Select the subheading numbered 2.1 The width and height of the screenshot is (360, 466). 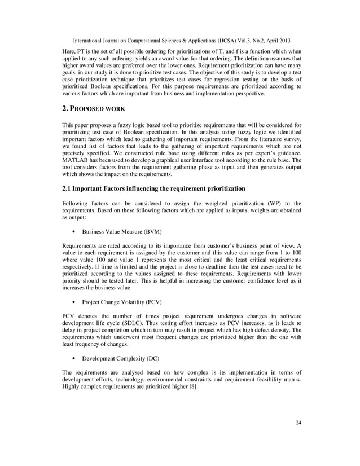click(x=153, y=188)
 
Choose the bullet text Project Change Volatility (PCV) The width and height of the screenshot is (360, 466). click(x=122, y=301)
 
